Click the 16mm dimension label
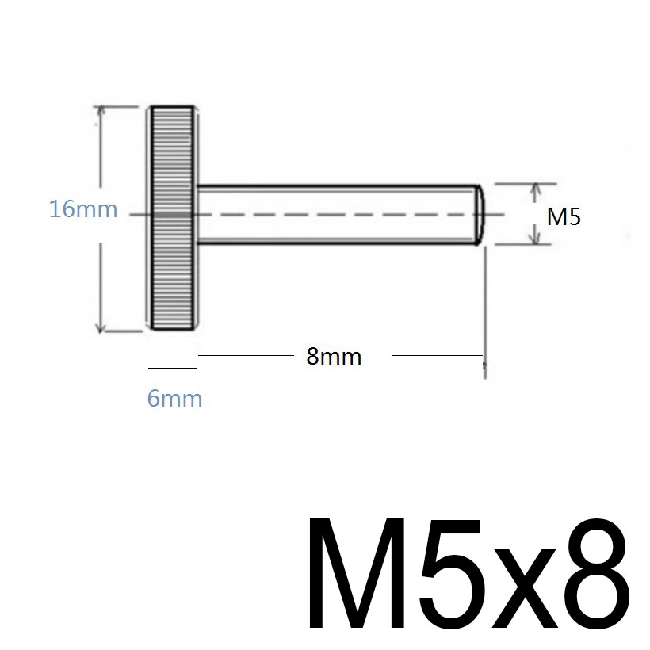[x=83, y=209]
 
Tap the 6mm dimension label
[x=174, y=399]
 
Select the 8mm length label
[x=334, y=357]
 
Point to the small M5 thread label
[x=564, y=216]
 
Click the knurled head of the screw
[x=173, y=218]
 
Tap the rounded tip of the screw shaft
[x=480, y=215]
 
